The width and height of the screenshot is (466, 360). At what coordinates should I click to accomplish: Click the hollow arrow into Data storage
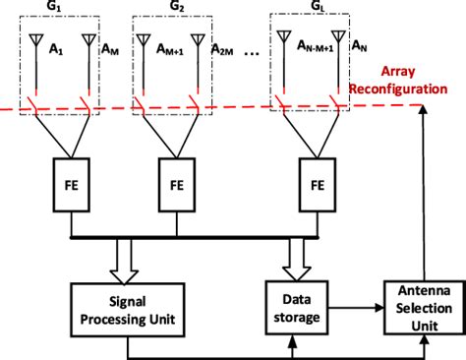pos(291,258)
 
